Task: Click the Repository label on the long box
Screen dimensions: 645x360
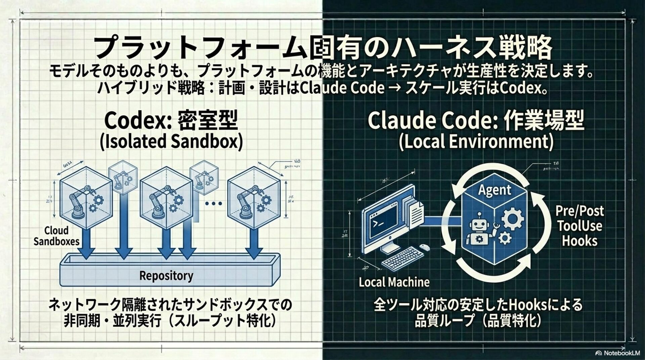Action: coord(166,276)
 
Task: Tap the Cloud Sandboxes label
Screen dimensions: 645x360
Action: coord(56,236)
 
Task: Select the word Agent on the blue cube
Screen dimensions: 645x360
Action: coord(494,190)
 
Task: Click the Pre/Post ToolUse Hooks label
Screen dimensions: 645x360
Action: coord(579,226)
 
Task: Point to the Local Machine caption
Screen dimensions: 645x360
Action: coord(394,282)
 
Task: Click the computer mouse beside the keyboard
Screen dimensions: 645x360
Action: coord(425,247)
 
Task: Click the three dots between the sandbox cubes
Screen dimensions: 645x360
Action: coord(213,203)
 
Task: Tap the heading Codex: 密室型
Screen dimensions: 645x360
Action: coord(171,120)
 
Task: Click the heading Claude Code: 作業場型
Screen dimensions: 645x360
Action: coord(476,120)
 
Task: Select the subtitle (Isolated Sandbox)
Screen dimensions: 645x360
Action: coord(171,141)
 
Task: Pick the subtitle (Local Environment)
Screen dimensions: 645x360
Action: coord(476,141)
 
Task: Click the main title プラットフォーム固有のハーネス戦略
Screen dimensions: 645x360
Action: coord(322,48)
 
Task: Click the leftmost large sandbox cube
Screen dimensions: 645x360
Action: coord(86,198)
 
